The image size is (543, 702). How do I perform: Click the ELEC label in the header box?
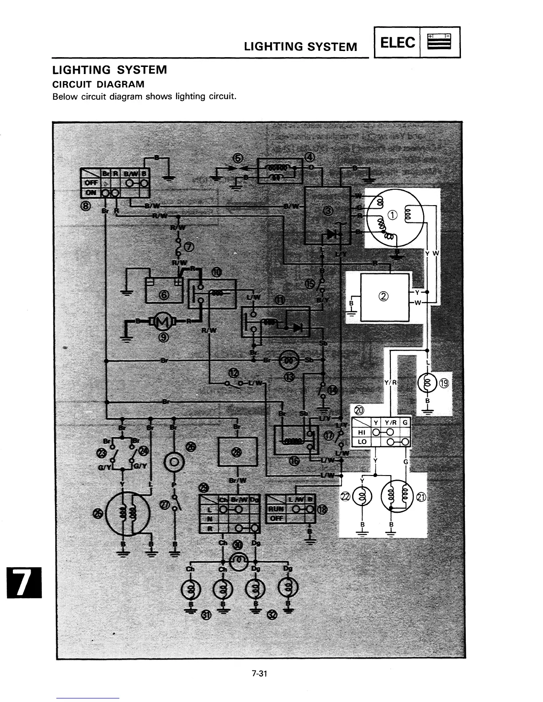[397, 43]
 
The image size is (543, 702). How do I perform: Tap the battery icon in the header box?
[440, 43]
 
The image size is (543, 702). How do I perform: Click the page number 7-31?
[259, 674]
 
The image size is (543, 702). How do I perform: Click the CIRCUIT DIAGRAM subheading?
[98, 84]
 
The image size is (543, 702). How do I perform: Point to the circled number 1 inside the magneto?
[393, 215]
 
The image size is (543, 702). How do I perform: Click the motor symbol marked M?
[162, 321]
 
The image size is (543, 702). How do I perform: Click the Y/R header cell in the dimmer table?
[390, 422]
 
